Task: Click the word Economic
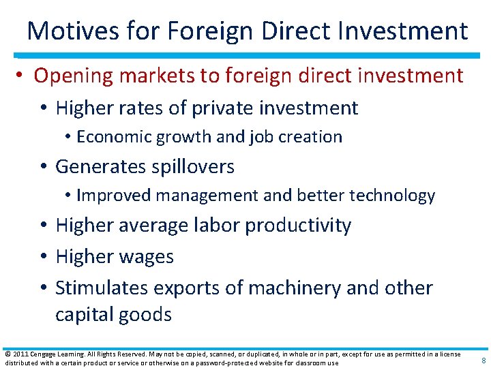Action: click(115, 136)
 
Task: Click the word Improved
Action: click(114, 196)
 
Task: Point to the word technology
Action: click(392, 196)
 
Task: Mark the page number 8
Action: click(483, 361)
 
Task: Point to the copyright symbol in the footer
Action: click(7, 354)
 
